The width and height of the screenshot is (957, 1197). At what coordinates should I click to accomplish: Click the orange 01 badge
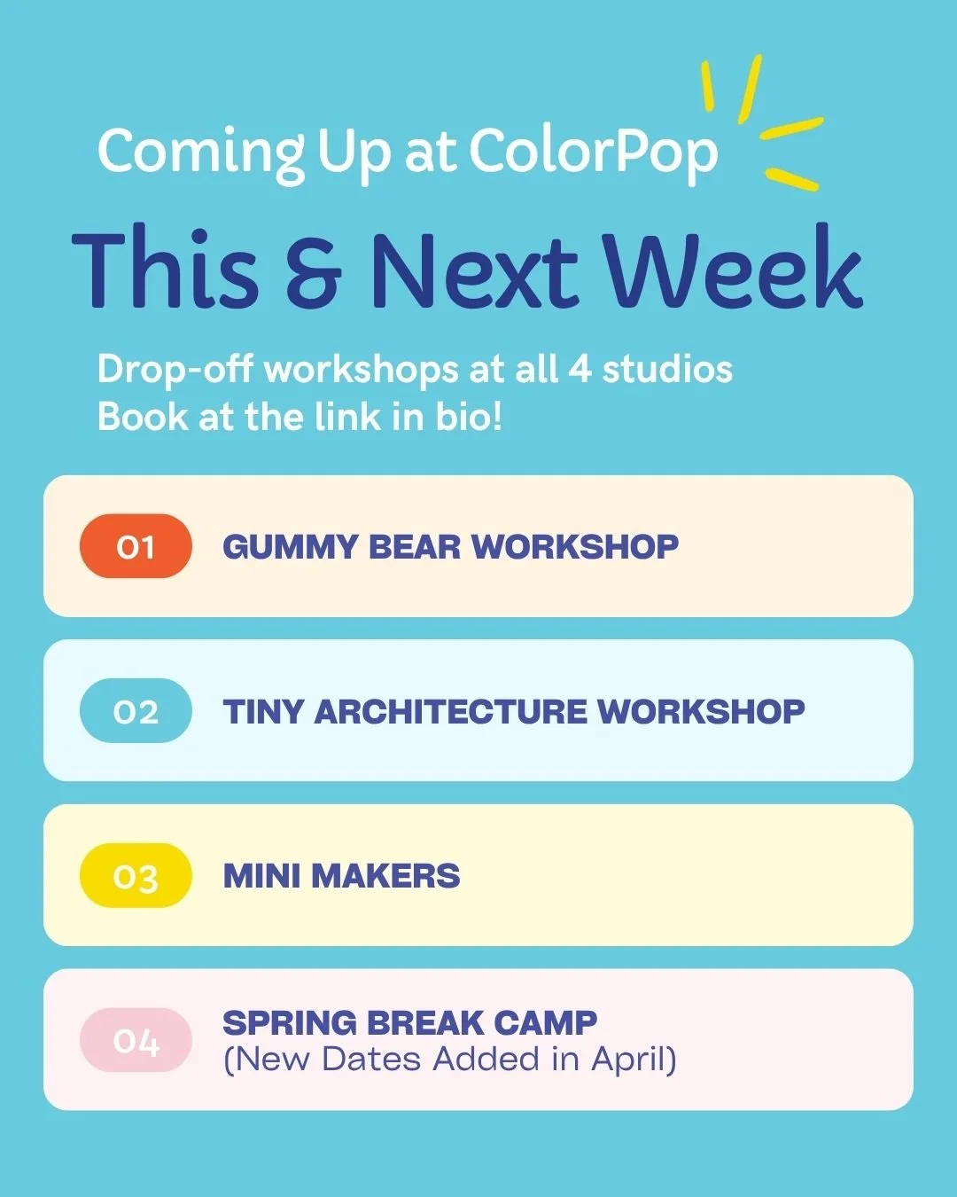tap(136, 546)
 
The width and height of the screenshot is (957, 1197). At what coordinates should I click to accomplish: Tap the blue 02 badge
tap(136, 711)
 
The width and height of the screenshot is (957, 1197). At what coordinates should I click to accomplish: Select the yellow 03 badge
tap(136, 876)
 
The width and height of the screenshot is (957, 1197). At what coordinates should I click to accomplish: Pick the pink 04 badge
tap(136, 1040)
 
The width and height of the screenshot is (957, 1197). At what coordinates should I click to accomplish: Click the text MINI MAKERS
tap(341, 876)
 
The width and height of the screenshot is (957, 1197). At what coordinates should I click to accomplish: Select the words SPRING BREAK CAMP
tap(409, 1022)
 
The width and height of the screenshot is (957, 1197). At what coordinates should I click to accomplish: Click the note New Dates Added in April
tap(449, 1060)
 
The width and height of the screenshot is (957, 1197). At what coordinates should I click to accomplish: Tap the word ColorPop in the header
tap(593, 153)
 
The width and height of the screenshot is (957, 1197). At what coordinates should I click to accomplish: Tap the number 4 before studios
tap(580, 369)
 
